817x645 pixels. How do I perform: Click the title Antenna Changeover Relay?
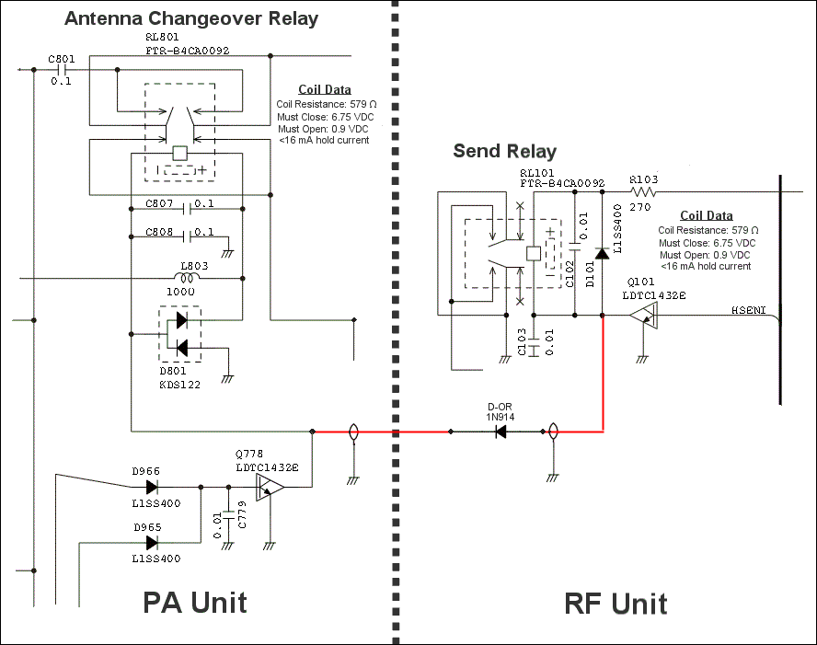point(192,18)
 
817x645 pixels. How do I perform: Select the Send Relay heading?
point(505,151)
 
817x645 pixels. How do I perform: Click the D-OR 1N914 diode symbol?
point(501,431)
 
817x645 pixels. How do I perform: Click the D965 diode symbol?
point(151,543)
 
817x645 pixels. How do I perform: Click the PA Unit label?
point(194,602)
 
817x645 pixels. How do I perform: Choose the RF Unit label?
point(616,604)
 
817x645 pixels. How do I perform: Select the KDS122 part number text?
point(179,385)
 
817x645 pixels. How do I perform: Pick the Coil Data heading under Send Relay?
point(706,216)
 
